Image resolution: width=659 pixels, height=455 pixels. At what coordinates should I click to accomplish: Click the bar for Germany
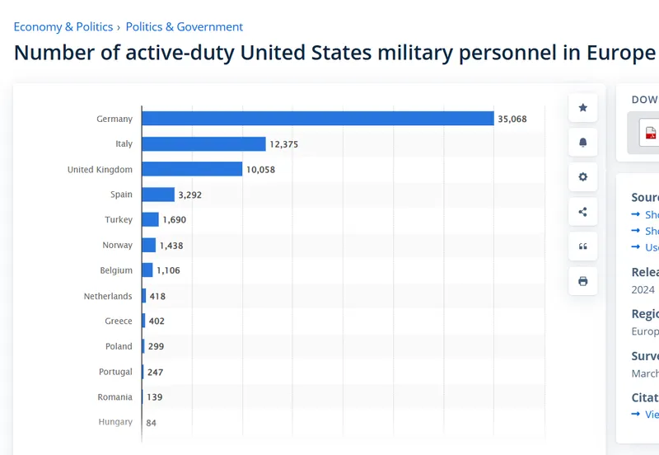[x=317, y=119]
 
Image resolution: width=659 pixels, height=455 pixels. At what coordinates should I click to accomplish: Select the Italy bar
[x=203, y=144]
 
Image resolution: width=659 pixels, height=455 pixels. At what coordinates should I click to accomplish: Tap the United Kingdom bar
[x=192, y=169]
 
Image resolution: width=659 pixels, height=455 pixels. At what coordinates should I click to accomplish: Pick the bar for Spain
[x=158, y=195]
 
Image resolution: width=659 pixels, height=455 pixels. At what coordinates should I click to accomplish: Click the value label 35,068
[x=512, y=119]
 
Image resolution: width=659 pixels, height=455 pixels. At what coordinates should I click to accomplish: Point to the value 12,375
[x=283, y=144]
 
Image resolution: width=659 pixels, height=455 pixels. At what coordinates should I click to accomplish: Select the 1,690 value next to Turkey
[x=175, y=220]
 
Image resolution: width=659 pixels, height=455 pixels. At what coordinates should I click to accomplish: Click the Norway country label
[x=117, y=245]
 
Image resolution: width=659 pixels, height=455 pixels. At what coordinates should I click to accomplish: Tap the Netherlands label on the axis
[x=108, y=296]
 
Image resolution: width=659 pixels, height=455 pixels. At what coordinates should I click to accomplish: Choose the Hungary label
[x=115, y=422]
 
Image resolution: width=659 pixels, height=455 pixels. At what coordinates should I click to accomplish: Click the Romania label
[x=115, y=397]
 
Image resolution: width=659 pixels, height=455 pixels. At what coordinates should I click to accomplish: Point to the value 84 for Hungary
[x=152, y=423]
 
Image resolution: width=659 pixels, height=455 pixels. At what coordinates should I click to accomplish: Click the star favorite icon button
[x=583, y=108]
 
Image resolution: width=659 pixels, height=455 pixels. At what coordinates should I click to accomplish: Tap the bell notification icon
[x=583, y=143]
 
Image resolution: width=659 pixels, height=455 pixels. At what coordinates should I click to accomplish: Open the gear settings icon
[x=583, y=177]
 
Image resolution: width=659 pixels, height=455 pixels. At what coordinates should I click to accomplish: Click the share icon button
[x=583, y=212]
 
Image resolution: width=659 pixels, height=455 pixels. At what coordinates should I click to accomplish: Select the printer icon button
[x=583, y=281]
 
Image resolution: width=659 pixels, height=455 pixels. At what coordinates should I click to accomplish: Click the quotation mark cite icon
[x=583, y=246]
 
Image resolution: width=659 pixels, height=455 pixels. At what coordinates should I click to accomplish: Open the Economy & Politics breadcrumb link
[x=63, y=27]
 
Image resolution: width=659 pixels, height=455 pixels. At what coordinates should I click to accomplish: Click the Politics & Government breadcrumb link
[x=185, y=27]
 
